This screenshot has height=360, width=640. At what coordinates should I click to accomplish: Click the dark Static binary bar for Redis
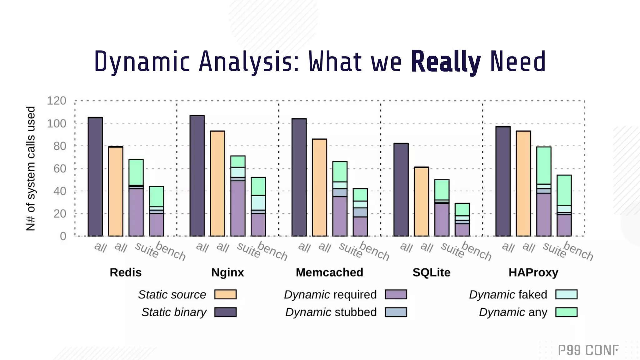[x=95, y=177]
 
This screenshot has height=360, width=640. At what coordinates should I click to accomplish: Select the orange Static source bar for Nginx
[x=217, y=183]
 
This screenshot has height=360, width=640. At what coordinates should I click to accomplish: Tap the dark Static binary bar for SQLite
[x=401, y=190]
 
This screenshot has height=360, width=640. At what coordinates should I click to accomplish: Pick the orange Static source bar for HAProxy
[x=523, y=183]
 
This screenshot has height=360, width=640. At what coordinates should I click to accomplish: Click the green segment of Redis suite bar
[x=136, y=172]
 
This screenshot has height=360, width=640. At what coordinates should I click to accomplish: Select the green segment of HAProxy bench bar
[x=564, y=190]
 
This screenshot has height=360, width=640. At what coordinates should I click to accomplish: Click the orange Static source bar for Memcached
[x=319, y=187]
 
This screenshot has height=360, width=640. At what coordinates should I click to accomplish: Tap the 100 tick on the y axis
[x=57, y=123]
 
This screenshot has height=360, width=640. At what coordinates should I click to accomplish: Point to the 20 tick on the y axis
[x=59, y=214]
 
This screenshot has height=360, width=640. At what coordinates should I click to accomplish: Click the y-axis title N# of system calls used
[x=31, y=169]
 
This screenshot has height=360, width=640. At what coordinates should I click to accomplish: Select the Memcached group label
[x=329, y=272]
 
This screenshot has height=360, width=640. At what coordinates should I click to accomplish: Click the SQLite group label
[x=431, y=272]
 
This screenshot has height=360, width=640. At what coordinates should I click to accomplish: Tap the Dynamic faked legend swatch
[x=566, y=294]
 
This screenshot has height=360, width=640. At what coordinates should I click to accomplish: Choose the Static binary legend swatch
[x=225, y=312]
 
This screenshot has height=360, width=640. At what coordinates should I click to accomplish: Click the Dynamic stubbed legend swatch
[x=396, y=312]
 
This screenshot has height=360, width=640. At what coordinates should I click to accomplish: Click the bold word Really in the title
[x=446, y=62]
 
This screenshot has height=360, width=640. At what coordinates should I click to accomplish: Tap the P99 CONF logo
[x=588, y=350]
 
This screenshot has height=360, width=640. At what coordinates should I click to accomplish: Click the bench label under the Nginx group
[x=272, y=251]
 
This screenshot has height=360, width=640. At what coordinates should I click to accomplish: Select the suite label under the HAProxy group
[x=554, y=250]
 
